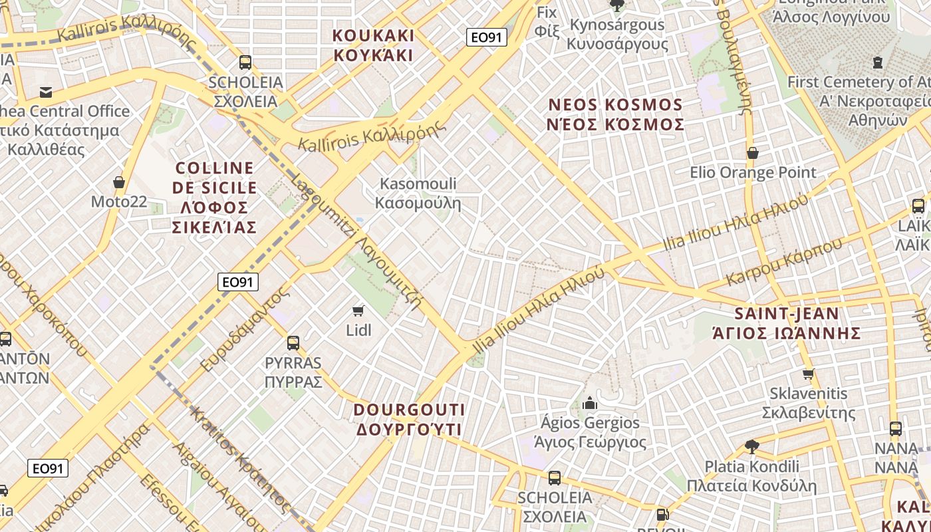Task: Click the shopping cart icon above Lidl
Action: pyautogui.click(x=358, y=311)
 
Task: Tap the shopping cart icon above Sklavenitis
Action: pyautogui.click(x=808, y=374)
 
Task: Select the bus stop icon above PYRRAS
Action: pyautogui.click(x=293, y=343)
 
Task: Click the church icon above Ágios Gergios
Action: pyautogui.click(x=589, y=403)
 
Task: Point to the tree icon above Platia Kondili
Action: pyautogui.click(x=752, y=446)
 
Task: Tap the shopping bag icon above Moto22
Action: pyautogui.click(x=119, y=182)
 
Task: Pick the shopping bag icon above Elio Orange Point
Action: pyautogui.click(x=753, y=154)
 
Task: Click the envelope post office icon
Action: pyautogui.click(x=46, y=92)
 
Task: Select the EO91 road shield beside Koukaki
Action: pyautogui.click(x=486, y=37)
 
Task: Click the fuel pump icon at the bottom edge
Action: pyautogui.click(x=662, y=514)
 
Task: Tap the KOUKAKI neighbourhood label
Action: pyautogui.click(x=373, y=45)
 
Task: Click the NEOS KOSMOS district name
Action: pyautogui.click(x=615, y=114)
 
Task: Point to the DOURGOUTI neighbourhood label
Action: pyautogui.click(x=409, y=420)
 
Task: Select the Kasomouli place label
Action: pyautogui.click(x=418, y=193)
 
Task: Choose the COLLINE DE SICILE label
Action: pyautogui.click(x=214, y=198)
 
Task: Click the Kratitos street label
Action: pyautogui.click(x=239, y=459)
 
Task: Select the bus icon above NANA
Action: pyautogui.click(x=896, y=428)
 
